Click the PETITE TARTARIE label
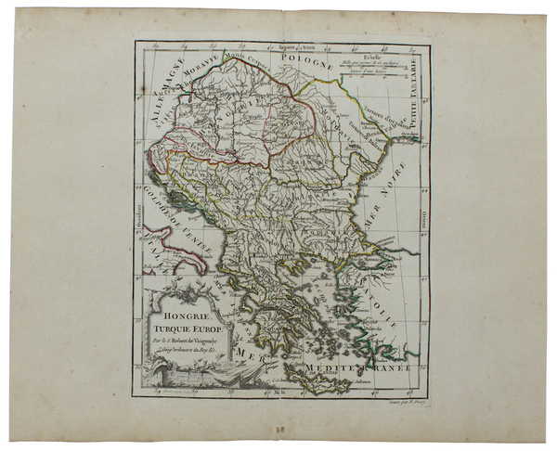click(x=414, y=93)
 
